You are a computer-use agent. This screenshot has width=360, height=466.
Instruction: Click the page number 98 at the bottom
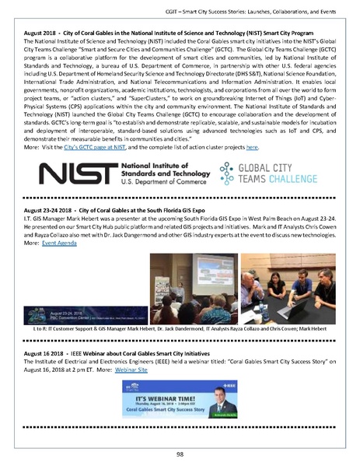click(x=180, y=454)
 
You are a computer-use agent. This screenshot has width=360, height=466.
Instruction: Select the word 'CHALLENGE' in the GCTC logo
click(x=291, y=184)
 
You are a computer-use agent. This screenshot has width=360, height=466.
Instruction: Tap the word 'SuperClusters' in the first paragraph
click(x=178, y=86)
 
